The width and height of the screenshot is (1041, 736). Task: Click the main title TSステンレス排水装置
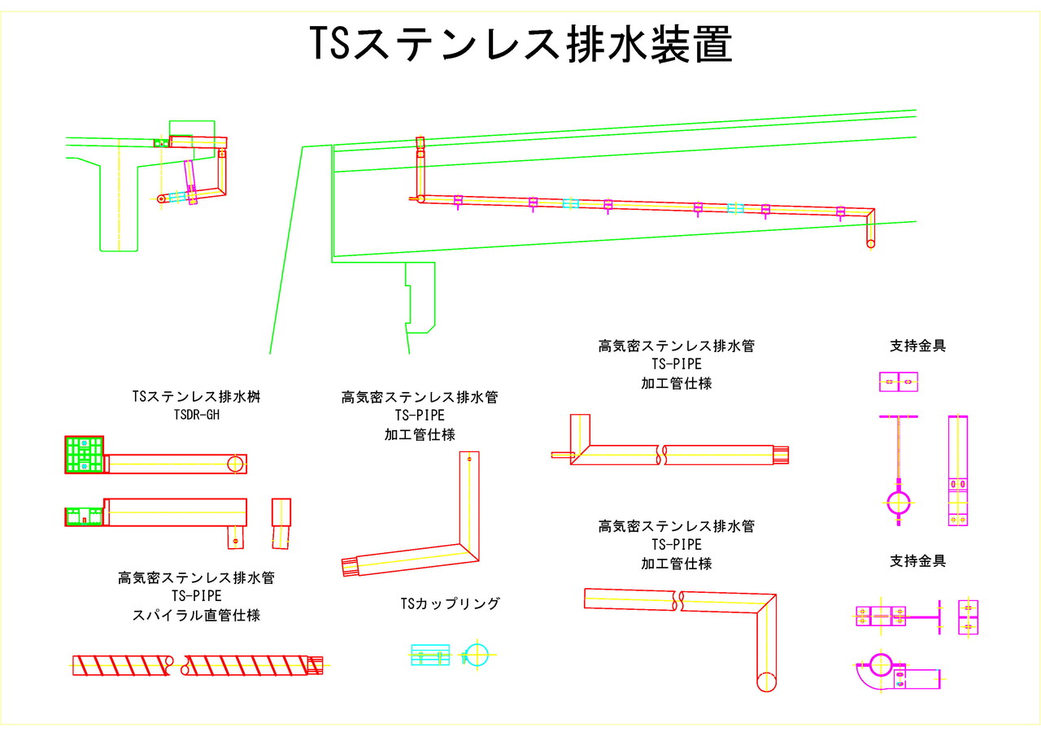coord(520,44)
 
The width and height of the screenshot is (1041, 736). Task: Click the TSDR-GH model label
coord(196,415)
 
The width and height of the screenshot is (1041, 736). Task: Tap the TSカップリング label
coord(450,603)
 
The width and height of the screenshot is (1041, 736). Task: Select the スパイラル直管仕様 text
coord(196,616)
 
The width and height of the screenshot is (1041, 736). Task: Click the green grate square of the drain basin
coord(84,455)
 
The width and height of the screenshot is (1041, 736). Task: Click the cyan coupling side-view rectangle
coord(429,655)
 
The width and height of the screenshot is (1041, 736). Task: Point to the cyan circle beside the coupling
coord(477,654)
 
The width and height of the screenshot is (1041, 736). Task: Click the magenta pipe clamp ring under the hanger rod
coord(898,503)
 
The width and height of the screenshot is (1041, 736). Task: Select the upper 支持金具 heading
coord(917,346)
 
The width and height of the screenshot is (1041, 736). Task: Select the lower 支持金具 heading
coord(917,561)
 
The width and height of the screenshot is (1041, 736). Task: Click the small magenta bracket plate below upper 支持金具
coord(898,381)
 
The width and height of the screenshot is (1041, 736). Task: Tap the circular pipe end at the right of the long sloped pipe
coord(871,243)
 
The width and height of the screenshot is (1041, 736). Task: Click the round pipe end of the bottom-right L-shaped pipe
coord(766,682)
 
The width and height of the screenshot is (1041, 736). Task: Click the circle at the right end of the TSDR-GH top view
coord(235,464)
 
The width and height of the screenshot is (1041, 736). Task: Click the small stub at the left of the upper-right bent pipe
coord(561,455)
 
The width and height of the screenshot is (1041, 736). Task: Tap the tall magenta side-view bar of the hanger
coord(957,469)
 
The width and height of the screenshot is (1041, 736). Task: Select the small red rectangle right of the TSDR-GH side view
coord(281,513)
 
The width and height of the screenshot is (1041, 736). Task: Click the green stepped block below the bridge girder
coord(420,297)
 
